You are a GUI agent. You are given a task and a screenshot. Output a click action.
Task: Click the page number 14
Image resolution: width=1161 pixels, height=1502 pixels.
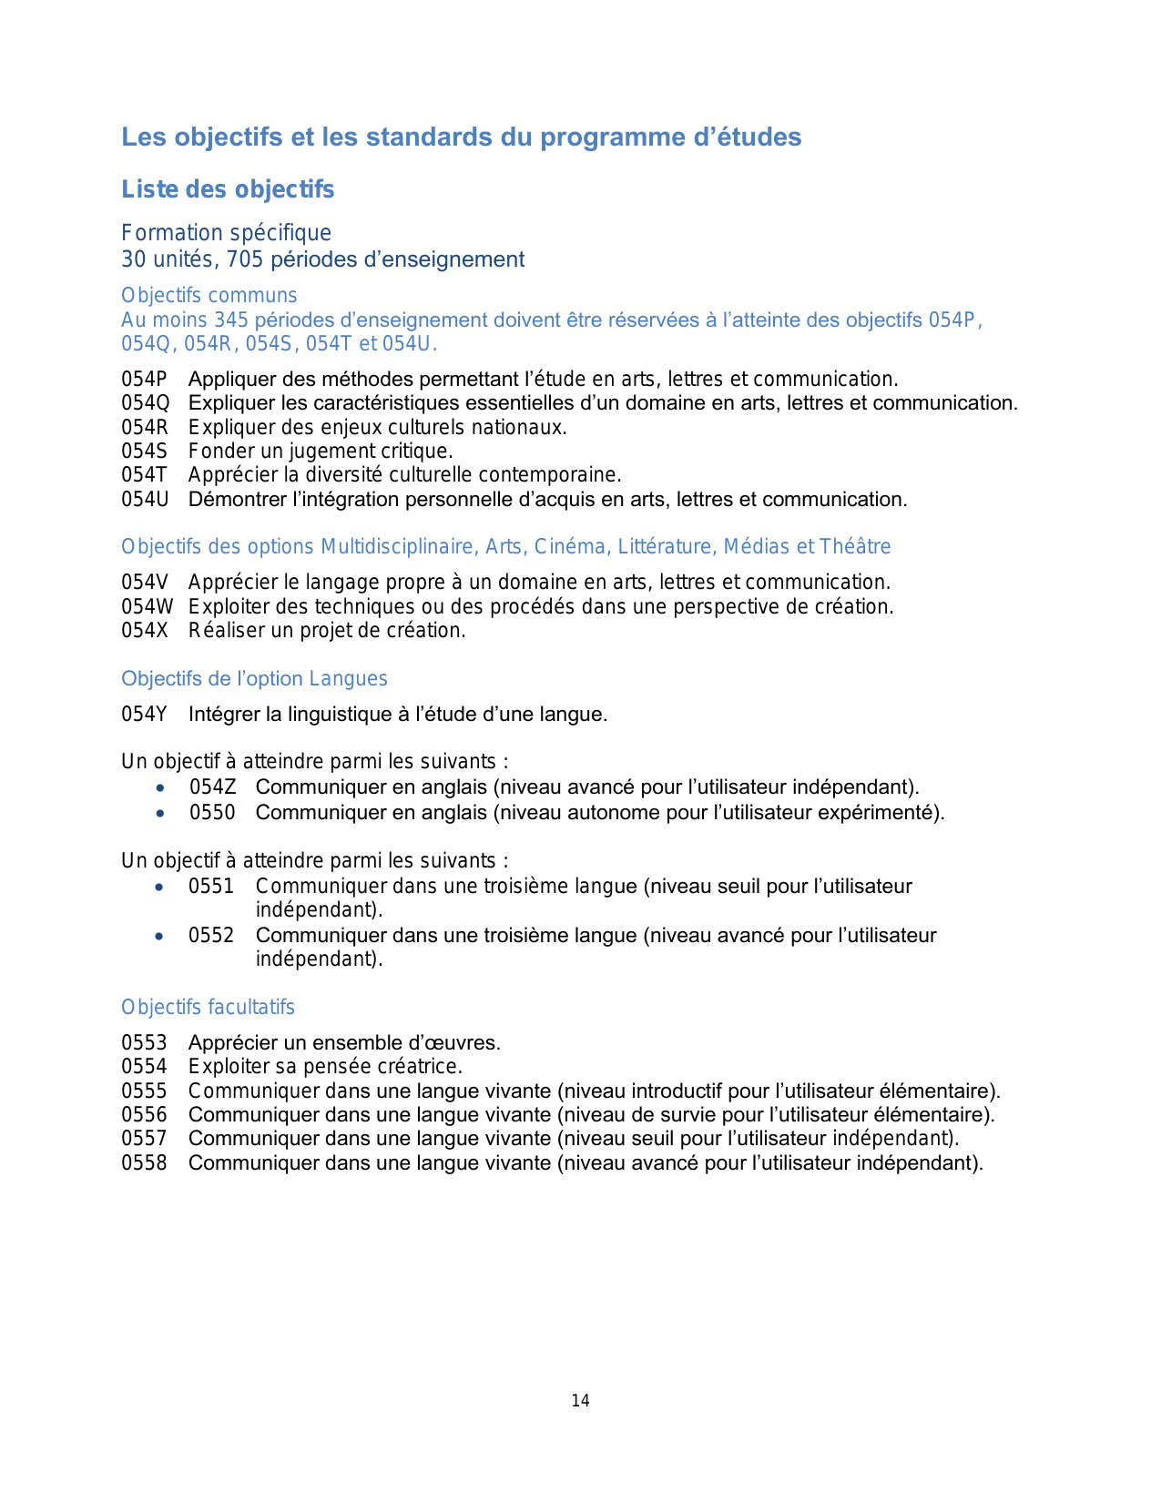tap(580, 1401)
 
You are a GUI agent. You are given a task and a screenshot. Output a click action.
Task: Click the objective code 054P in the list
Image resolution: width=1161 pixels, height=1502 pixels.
tap(144, 380)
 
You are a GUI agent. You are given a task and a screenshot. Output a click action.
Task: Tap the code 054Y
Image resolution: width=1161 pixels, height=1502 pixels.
tap(144, 715)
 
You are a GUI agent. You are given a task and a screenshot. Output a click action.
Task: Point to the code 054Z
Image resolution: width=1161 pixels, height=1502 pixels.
tap(212, 787)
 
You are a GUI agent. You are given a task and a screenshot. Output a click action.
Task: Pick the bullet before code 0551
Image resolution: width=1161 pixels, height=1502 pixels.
tap(160, 887)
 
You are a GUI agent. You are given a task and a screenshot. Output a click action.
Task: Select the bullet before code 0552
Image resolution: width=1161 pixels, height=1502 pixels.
tap(160, 936)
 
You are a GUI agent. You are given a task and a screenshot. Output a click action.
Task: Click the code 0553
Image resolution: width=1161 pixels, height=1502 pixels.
tap(144, 1043)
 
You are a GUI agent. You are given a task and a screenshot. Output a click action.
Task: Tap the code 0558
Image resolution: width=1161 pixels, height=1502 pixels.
tap(144, 1163)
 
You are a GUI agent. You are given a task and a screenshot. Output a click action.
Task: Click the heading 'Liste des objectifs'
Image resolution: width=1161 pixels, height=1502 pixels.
tap(228, 189)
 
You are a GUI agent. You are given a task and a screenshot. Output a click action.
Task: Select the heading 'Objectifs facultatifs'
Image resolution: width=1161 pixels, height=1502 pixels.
tap(208, 1008)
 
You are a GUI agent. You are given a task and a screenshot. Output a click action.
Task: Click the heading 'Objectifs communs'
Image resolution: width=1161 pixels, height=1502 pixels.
tap(209, 296)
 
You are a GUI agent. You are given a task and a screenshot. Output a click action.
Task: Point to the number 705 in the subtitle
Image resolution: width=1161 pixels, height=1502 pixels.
tap(245, 260)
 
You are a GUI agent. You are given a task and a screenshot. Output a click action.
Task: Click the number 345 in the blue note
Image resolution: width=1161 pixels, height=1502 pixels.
tap(232, 320)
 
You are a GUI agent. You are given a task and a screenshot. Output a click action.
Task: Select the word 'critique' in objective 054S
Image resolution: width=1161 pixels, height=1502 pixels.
tap(418, 452)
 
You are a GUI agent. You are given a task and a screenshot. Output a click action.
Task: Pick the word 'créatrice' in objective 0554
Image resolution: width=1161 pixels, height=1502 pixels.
tap(422, 1067)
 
